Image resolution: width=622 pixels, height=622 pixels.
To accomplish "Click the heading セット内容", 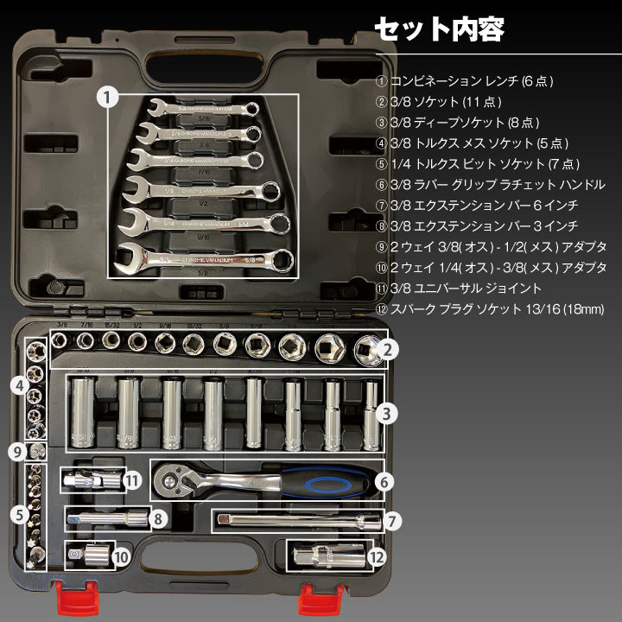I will pyautogui.click(x=438, y=29).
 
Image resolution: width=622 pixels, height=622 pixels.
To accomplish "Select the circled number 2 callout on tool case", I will pyautogui.click(x=389, y=350).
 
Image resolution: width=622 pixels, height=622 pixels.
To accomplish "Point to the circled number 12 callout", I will pyautogui.click(x=376, y=557).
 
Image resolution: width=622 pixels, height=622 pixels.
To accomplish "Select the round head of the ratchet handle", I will pyautogui.click(x=175, y=476).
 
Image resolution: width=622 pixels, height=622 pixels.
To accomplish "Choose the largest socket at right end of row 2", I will pyautogui.click(x=367, y=350).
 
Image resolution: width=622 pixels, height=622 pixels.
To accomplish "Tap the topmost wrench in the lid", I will pyautogui.click(x=203, y=111).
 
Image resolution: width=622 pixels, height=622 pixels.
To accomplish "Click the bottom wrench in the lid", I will pyautogui.click(x=203, y=257).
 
